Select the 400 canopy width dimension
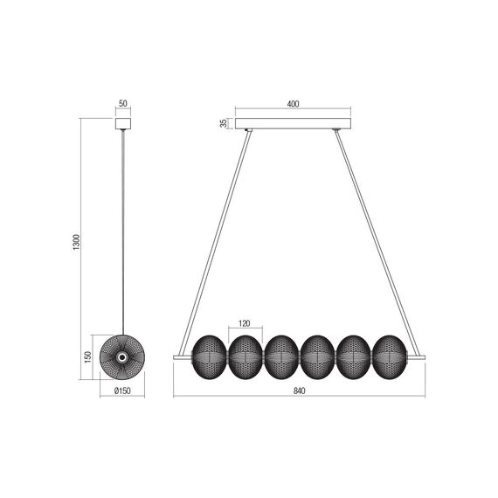[293, 104]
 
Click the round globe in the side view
[121, 355]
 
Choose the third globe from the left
[280, 355]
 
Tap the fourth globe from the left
[315, 355]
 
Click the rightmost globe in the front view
[387, 355]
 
